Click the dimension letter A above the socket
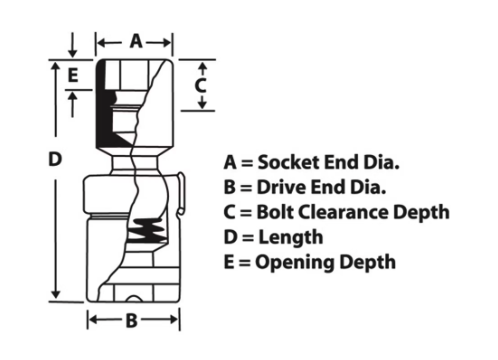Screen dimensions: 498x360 coord(136,41)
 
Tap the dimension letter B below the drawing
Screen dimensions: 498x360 coord(132,320)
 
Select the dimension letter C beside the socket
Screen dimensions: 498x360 coord(200,85)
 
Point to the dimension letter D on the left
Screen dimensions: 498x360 coord(55,159)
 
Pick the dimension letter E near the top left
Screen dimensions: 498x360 coord(73,75)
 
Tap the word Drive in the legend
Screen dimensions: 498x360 coord(281,187)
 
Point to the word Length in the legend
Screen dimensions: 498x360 coord(291,238)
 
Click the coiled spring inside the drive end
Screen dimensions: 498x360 coord(147,230)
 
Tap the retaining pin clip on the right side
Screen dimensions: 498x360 coord(180,194)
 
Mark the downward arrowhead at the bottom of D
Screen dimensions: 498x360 coord(56,294)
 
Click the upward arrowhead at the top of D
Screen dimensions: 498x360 coord(56,67)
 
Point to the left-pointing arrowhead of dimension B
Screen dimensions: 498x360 coord(94,320)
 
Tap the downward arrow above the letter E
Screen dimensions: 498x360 coord(72,45)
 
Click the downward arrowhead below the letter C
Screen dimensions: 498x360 coord(202,104)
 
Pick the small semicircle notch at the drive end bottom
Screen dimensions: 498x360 coord(134,299)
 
